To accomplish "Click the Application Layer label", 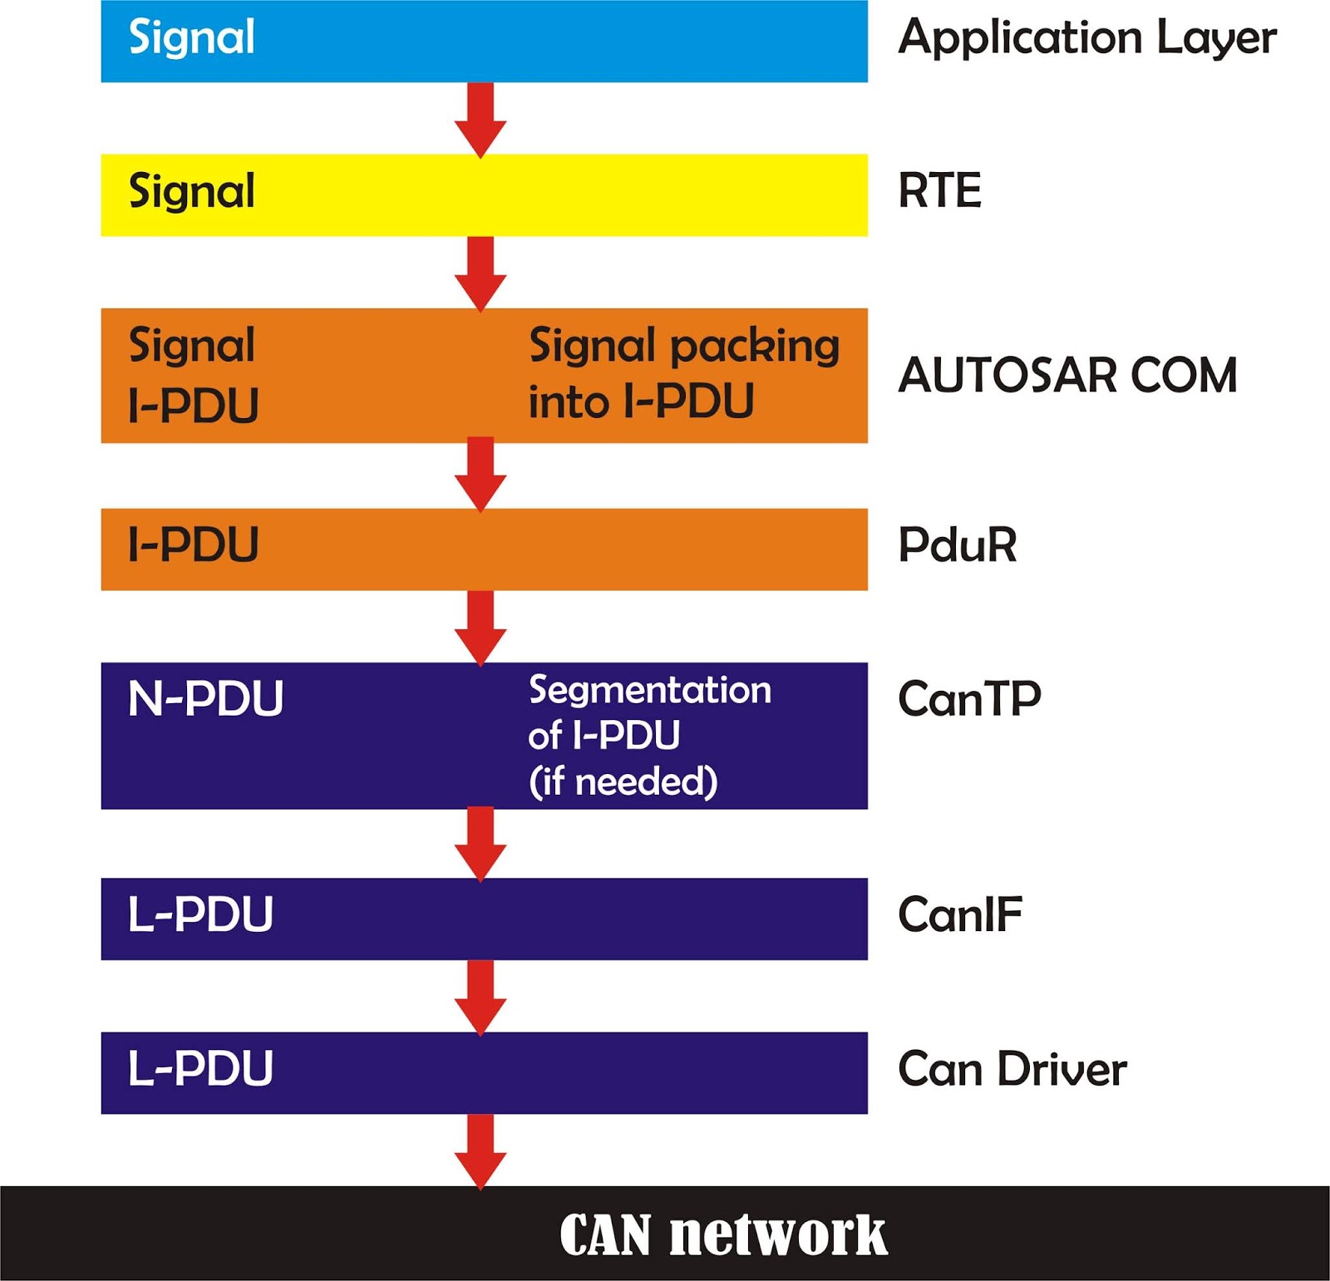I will pos(1086,38).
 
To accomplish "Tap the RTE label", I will pos(939,190).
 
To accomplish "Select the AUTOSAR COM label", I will pos(1067,375).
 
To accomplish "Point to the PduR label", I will pos(957,545).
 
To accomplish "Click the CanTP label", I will pos(969,698).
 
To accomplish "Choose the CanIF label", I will pos(959,915).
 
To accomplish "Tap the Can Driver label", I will pos(1012,1069).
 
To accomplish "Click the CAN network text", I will pos(722,1234).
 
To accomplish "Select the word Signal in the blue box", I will pos(191,38).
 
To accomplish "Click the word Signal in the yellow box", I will pos(191,192).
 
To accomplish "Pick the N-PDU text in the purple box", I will pos(205,698).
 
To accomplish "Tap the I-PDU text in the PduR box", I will pos(193,545).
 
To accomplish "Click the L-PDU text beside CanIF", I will pos(200,915).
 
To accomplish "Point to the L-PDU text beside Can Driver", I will pos(200,1069).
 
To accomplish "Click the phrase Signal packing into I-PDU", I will pos(683,374).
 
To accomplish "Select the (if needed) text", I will pos(623,781).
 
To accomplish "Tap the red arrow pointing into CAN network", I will pos(480,1150).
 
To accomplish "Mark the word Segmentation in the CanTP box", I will pos(650,690).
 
